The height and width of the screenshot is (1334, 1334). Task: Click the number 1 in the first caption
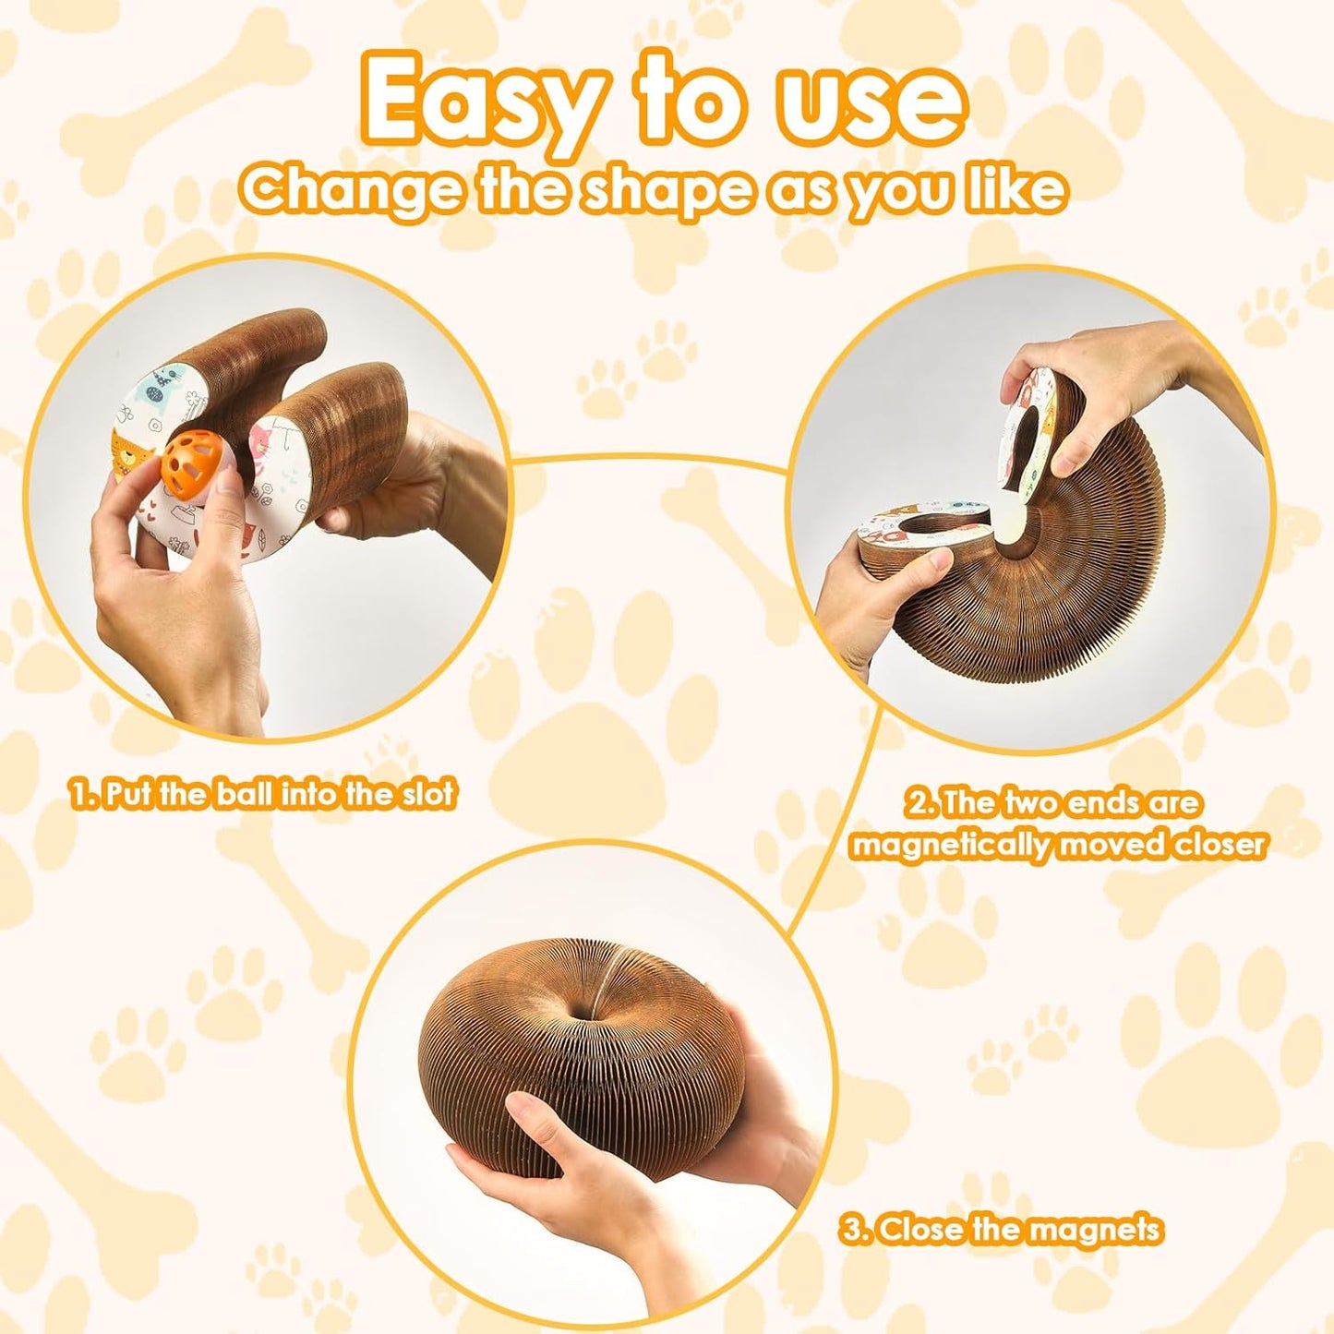80,794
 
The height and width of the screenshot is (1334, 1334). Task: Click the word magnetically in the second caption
951,845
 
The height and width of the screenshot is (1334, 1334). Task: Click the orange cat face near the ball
129,451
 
